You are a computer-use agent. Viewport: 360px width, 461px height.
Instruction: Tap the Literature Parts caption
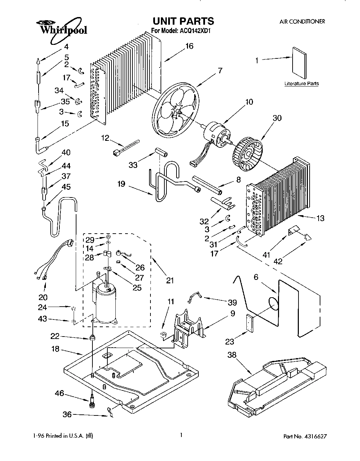pos(301,84)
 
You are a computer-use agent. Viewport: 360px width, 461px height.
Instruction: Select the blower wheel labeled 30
pos(247,152)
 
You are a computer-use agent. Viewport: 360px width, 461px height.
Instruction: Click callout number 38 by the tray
pos(232,355)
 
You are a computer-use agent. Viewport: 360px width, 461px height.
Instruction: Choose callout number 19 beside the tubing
pos(121,184)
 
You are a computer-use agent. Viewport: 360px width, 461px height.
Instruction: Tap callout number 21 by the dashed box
pos(170,280)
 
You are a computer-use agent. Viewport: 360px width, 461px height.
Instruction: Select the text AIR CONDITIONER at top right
pos(302,22)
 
